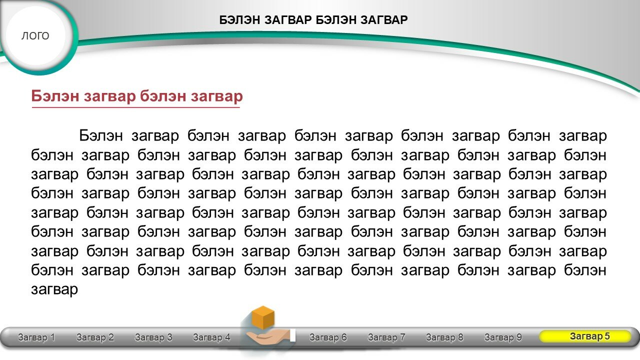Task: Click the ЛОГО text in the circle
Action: (35, 35)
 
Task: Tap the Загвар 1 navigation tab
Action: (36, 337)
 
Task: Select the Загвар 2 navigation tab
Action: (95, 337)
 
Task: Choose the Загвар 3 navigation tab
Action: (153, 337)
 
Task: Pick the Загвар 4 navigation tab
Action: (211, 337)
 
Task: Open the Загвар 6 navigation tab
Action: (328, 337)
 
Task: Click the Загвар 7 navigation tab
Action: (386, 337)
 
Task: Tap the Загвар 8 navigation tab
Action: (444, 337)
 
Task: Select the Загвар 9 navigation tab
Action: (503, 337)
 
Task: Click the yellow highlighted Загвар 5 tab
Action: (585, 336)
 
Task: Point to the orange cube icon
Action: (263, 317)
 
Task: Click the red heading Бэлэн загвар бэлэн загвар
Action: (137, 96)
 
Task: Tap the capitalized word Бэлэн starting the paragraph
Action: (101, 135)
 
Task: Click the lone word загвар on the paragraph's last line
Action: (54, 289)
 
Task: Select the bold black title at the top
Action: (313, 20)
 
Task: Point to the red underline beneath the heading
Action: (135, 107)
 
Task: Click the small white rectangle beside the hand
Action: (293, 335)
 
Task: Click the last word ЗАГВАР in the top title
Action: (384, 20)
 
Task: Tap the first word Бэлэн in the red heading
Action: (55, 96)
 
